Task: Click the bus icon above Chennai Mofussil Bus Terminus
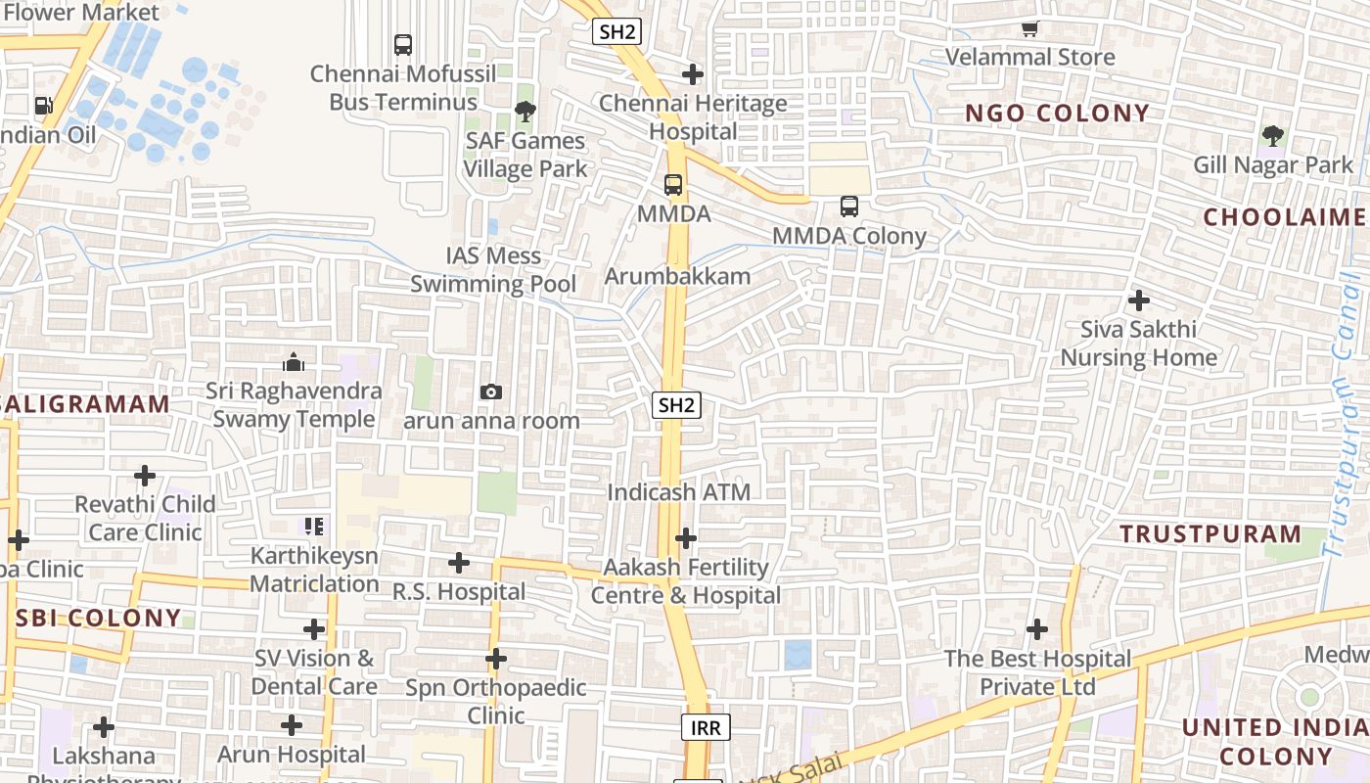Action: click(403, 45)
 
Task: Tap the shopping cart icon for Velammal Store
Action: click(1029, 29)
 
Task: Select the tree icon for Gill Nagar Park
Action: click(1272, 136)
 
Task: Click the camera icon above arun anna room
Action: click(491, 392)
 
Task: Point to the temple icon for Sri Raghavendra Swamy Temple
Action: click(294, 363)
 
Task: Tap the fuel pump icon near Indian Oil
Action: click(43, 106)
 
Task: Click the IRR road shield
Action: click(706, 727)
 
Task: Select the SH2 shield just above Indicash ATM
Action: click(678, 405)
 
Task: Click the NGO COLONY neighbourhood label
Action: click(1057, 114)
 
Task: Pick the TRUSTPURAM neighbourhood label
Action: click(1210, 534)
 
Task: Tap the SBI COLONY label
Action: click(99, 619)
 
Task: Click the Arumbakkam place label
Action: click(677, 276)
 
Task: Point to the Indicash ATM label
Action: click(679, 492)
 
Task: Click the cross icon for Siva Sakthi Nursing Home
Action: click(1138, 300)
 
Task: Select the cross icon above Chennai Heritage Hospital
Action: click(693, 74)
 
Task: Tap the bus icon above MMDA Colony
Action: click(849, 207)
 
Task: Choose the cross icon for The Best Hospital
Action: click(1037, 629)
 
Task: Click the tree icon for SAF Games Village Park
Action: click(525, 112)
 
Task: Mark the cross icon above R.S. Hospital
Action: click(459, 563)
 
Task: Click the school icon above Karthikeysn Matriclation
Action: click(314, 527)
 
